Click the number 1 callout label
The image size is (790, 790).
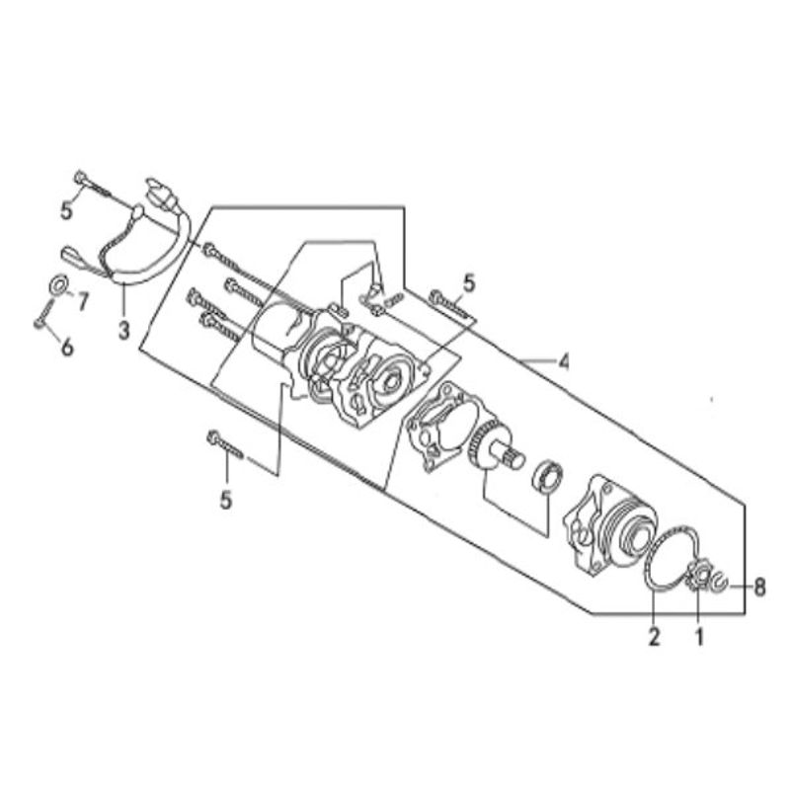699,637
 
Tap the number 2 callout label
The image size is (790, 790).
654,637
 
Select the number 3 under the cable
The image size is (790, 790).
124,330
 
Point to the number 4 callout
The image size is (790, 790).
564,361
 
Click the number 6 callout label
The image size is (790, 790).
67,348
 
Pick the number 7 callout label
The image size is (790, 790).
82,301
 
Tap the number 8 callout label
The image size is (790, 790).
759,587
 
